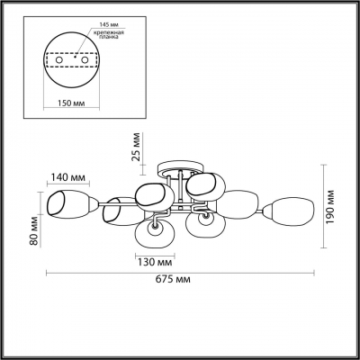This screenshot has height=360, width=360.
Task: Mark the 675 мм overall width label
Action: tap(183, 281)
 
